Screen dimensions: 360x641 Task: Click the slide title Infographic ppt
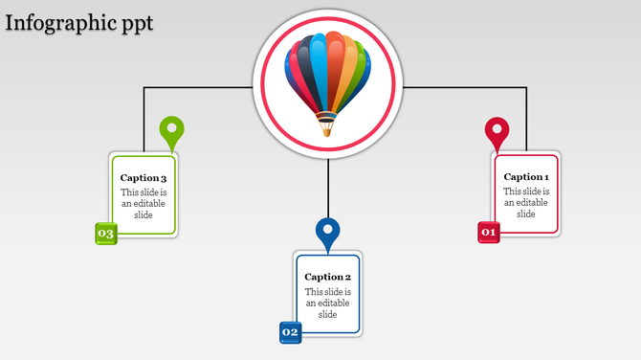point(78,22)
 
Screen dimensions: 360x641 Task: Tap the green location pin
point(171,130)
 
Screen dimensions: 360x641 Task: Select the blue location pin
point(328,231)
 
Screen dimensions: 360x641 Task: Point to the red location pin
point(497,130)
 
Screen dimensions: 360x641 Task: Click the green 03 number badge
point(105,234)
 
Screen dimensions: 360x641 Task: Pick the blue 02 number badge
point(290,332)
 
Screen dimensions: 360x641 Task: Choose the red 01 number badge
point(489,232)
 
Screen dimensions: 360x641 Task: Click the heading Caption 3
point(144,178)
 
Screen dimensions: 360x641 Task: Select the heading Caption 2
point(328,277)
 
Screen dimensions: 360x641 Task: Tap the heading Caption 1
point(526,176)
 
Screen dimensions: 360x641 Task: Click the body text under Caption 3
point(144,203)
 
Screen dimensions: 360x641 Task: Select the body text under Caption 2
point(328,303)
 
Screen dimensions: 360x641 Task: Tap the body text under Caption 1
point(526,202)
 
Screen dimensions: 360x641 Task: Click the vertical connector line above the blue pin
point(328,187)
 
